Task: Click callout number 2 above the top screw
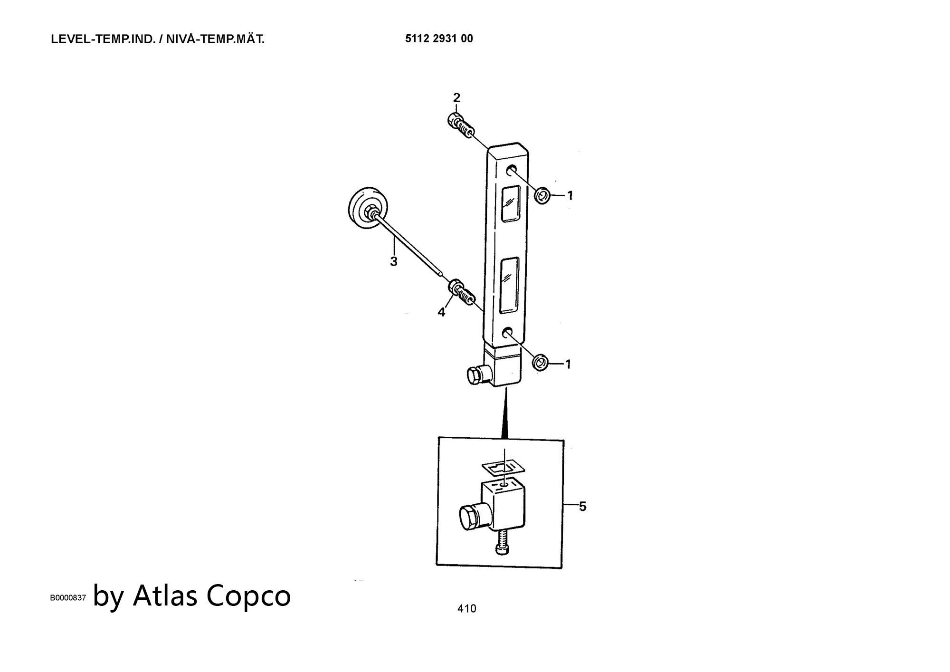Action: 456,98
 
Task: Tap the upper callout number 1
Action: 570,195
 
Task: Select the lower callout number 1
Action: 568,365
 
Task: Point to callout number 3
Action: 393,261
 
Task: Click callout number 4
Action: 441,312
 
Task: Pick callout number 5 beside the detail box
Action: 583,507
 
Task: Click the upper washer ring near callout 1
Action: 542,195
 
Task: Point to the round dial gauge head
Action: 368,208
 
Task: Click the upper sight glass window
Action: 511,203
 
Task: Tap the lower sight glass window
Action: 509,285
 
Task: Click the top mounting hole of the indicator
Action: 512,170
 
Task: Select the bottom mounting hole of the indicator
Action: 508,332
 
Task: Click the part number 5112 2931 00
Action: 439,39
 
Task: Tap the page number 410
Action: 466,608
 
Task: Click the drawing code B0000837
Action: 68,598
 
